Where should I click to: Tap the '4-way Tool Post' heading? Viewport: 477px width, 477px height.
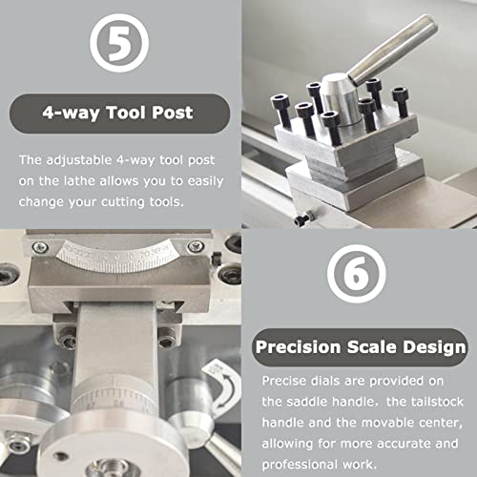click(x=118, y=114)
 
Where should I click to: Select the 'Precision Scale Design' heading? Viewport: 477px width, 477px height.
click(x=360, y=347)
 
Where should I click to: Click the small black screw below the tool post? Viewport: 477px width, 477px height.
click(x=302, y=219)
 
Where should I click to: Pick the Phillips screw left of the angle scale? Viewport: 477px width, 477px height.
click(x=40, y=247)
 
